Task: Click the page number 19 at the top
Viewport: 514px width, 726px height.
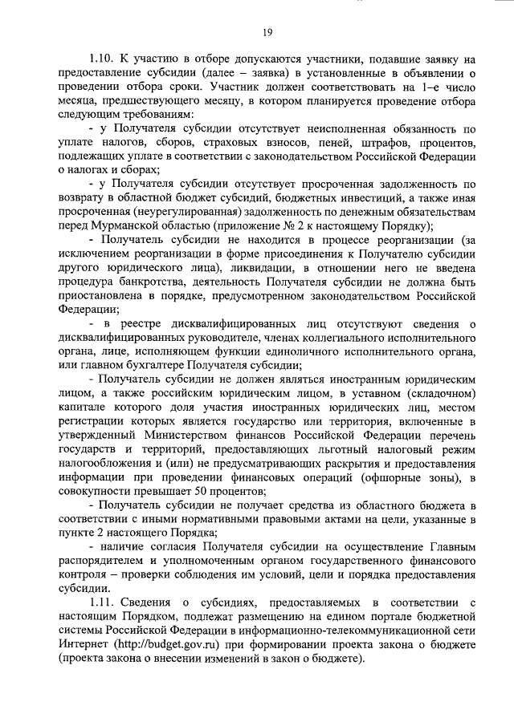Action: tap(267, 31)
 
